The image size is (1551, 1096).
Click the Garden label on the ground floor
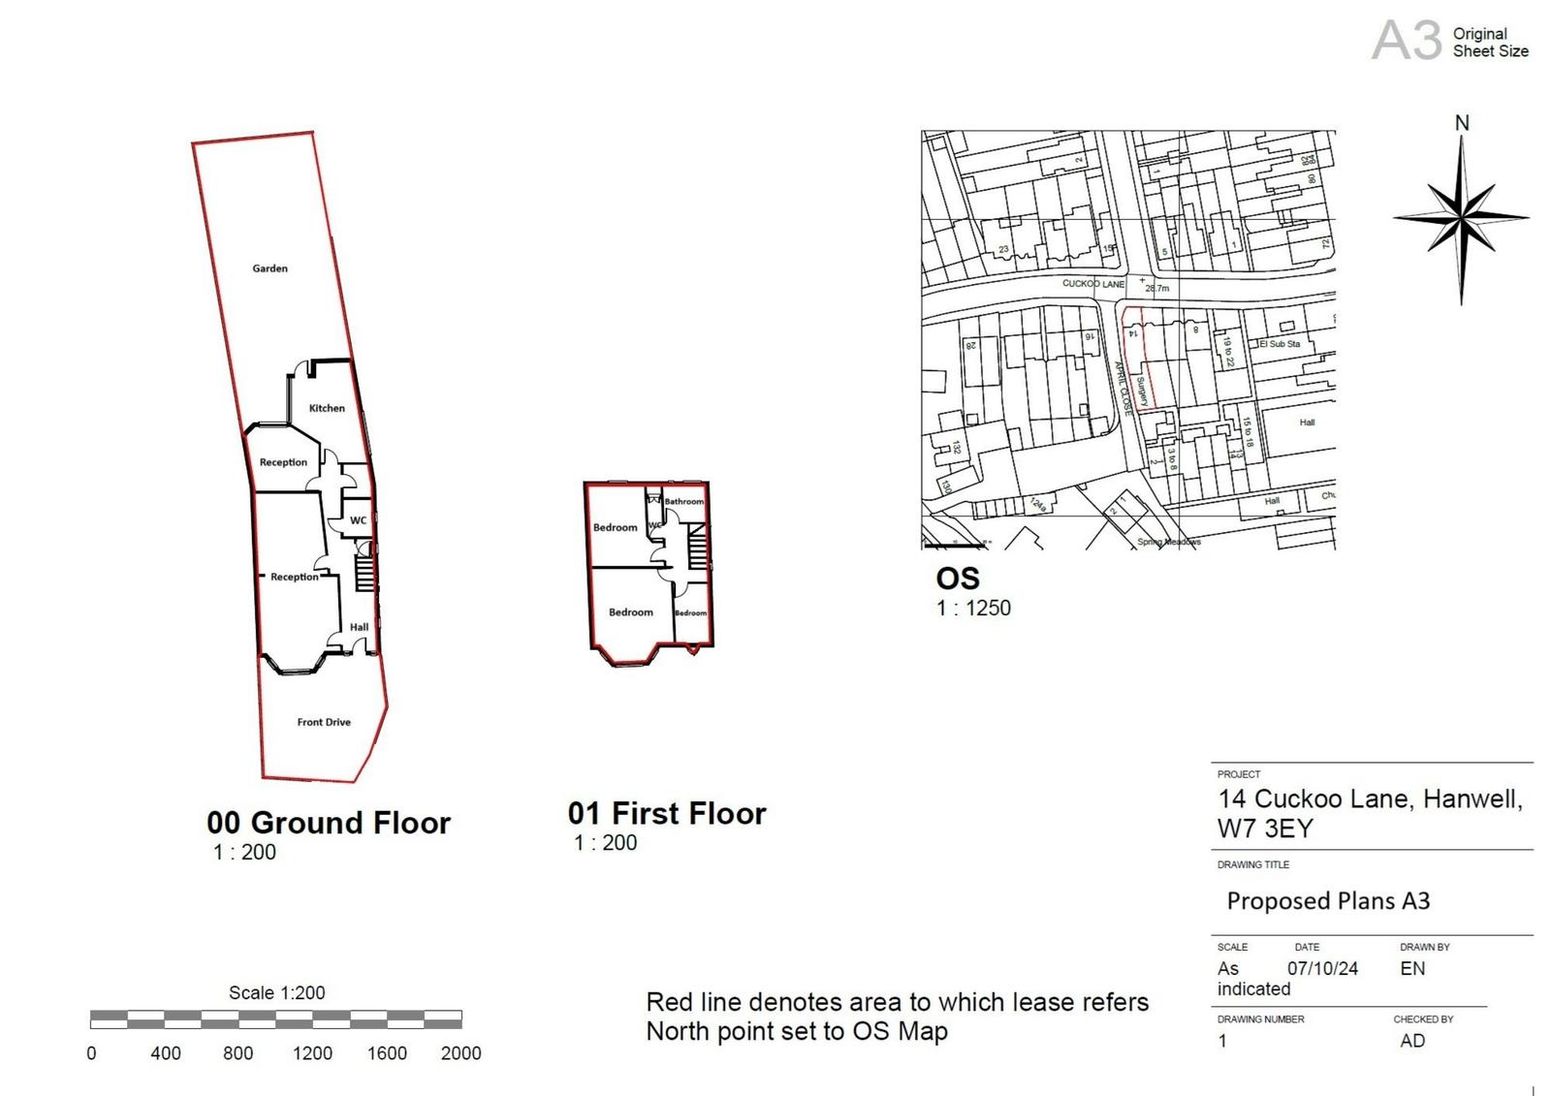tap(269, 268)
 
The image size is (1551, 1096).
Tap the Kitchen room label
tap(327, 408)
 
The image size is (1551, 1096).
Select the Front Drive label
tap(324, 722)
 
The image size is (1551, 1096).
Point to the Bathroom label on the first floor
tap(683, 501)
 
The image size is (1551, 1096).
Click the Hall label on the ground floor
tap(359, 627)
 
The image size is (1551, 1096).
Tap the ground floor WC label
tap(358, 520)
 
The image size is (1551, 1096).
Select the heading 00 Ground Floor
tap(329, 823)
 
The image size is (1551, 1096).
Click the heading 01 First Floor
tap(667, 813)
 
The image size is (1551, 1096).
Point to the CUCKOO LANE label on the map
tap(1092, 284)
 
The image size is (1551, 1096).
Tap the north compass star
tap(1461, 218)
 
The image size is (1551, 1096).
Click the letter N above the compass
tap(1462, 123)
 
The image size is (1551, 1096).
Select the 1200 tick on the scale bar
tap(312, 1053)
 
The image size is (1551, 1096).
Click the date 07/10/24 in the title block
tap(1322, 968)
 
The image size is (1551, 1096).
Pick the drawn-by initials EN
tap(1412, 968)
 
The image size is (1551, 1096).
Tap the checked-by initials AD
tap(1412, 1041)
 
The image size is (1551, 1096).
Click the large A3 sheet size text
tap(1407, 42)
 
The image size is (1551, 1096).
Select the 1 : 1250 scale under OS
tap(973, 609)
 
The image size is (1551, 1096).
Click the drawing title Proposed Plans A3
tap(1328, 901)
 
